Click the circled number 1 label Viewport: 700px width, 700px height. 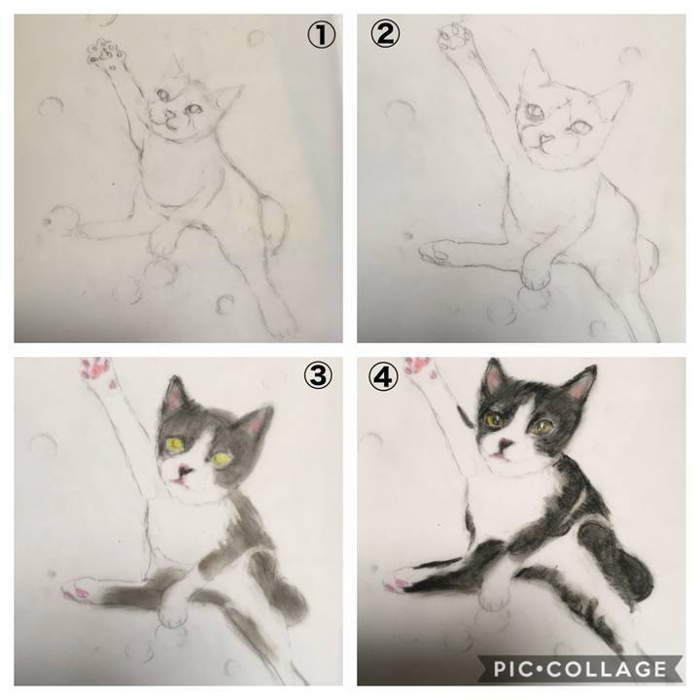pyautogui.click(x=321, y=35)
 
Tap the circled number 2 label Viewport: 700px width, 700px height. pyautogui.click(x=385, y=34)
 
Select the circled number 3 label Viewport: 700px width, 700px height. pyautogui.click(x=318, y=374)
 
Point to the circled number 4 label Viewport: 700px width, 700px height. pyautogui.click(x=383, y=376)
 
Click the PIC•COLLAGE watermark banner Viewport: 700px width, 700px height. pyautogui.click(x=579, y=669)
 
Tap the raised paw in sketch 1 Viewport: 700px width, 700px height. pyautogui.click(x=106, y=53)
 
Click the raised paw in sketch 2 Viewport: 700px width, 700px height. pyautogui.click(x=454, y=36)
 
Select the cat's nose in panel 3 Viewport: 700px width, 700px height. pyautogui.click(x=185, y=471)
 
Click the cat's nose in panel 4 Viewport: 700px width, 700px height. pyautogui.click(x=506, y=444)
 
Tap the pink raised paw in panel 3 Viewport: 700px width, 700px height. pyautogui.click(x=97, y=369)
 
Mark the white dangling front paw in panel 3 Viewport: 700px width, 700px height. pyautogui.click(x=174, y=612)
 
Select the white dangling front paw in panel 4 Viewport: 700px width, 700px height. pyautogui.click(x=494, y=596)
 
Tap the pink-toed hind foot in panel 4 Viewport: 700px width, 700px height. pyautogui.click(x=401, y=580)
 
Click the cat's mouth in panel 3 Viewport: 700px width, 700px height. pyautogui.click(x=180, y=481)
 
